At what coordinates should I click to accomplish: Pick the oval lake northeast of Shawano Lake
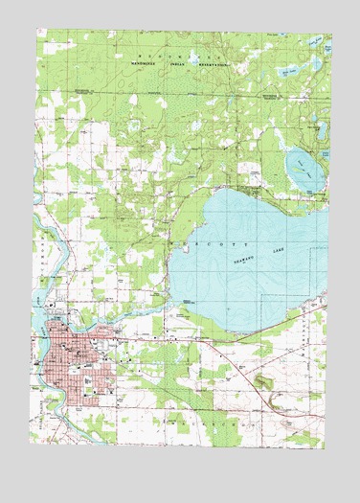(303, 169)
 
